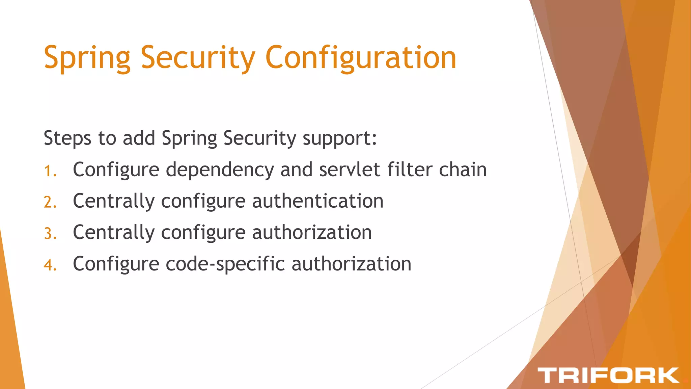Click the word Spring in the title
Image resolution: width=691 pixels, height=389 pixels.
(87, 58)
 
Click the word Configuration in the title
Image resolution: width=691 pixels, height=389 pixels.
(361, 58)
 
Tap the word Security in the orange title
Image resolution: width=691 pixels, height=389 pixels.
(198, 58)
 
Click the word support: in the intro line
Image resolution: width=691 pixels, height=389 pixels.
(339, 138)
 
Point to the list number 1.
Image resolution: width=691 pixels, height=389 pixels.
(50, 171)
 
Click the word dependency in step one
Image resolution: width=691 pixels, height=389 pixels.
(220, 170)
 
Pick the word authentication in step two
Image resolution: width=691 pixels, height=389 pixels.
(317, 201)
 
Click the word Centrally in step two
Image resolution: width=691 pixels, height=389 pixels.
(114, 201)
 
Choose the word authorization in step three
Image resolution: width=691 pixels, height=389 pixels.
(312, 233)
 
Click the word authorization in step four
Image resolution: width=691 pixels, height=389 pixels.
(351, 264)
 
